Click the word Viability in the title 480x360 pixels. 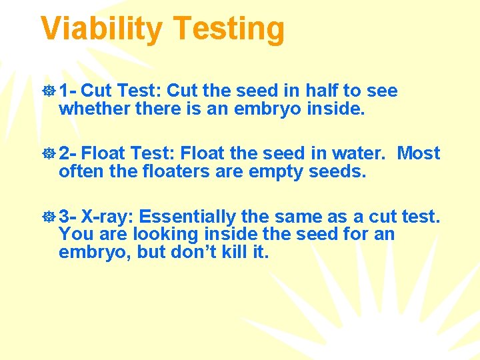click(x=101, y=29)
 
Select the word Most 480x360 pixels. click(x=419, y=153)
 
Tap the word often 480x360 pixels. click(x=79, y=171)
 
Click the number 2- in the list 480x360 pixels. click(x=68, y=153)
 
